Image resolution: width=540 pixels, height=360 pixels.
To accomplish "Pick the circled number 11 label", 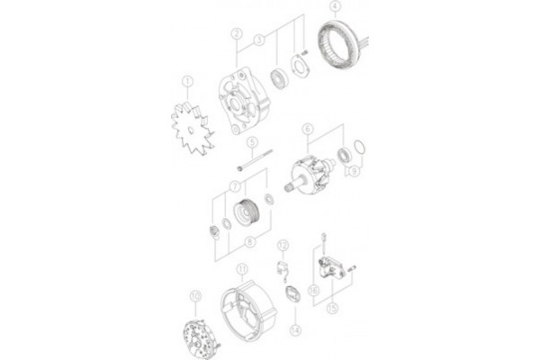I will point(240,269).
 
